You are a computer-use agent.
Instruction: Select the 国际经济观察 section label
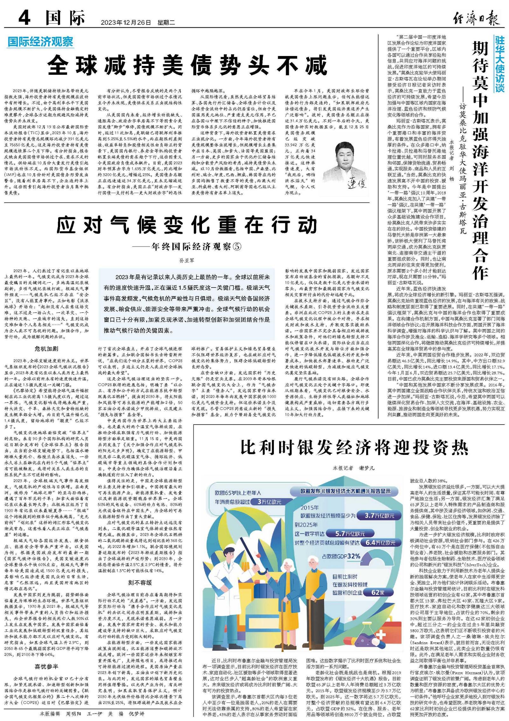[40, 42]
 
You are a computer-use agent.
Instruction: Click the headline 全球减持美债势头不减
[187, 65]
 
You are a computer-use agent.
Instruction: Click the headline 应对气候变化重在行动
[187, 225]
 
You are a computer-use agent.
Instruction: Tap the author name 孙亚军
[187, 260]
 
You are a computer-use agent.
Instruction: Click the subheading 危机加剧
[46, 349]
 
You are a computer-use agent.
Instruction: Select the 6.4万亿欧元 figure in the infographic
[380, 543]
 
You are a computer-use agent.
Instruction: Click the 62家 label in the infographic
[378, 593]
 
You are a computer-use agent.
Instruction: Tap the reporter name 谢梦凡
[367, 468]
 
